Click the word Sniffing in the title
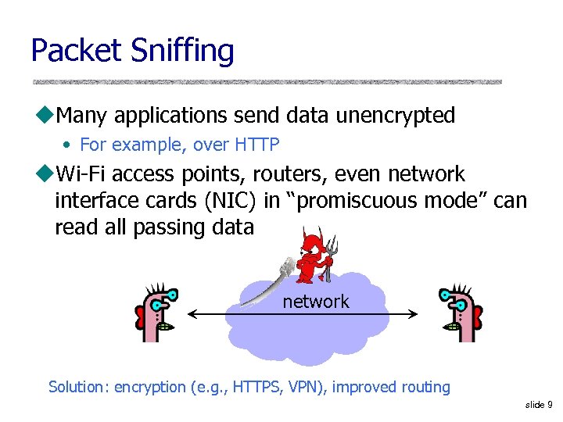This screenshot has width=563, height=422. (x=182, y=52)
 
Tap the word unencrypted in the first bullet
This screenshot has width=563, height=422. (x=395, y=116)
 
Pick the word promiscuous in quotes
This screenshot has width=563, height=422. (x=354, y=201)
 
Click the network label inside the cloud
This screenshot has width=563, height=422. (x=316, y=302)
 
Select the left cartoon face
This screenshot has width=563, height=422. (x=157, y=313)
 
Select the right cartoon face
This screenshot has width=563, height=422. (x=457, y=313)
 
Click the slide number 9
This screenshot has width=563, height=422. (x=550, y=404)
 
